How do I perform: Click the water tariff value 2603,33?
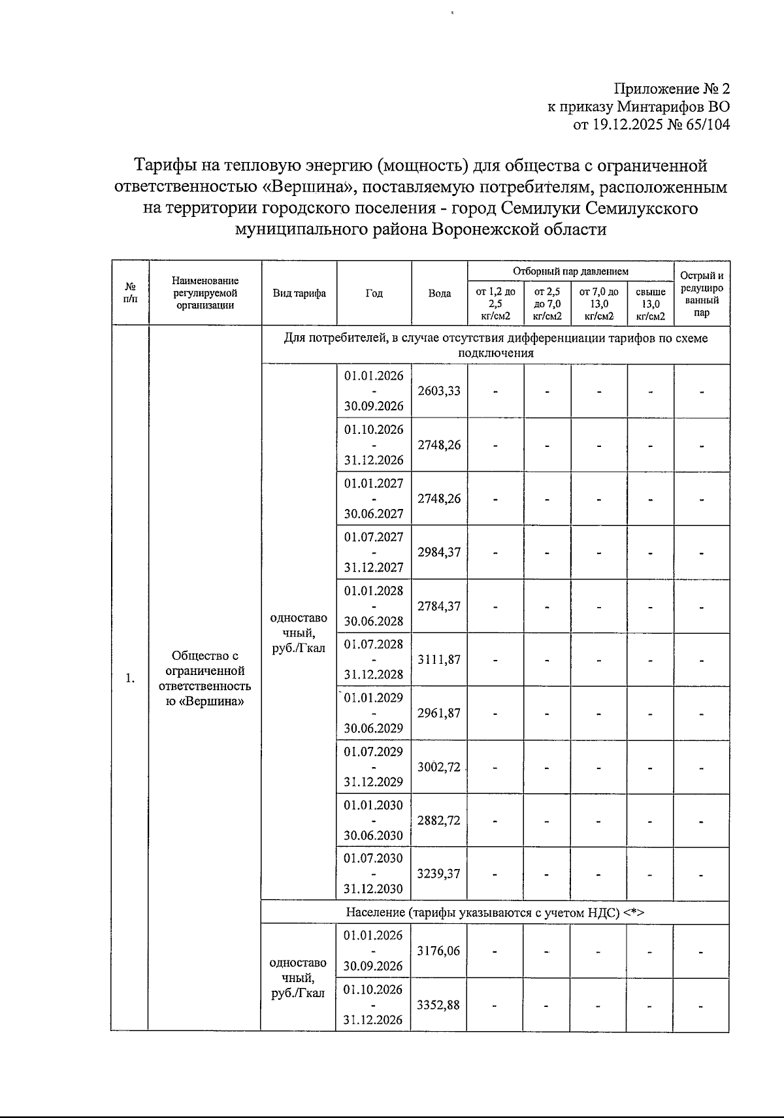coord(439,391)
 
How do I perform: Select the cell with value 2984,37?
coord(439,552)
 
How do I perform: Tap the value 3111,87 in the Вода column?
coord(439,659)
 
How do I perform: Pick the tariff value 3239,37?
coord(439,874)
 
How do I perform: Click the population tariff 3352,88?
coord(439,1004)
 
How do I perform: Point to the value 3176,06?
coord(439,951)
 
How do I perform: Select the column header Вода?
coord(439,293)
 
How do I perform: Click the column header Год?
coord(374,293)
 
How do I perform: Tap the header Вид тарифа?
coord(299,293)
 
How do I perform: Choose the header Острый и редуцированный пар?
coord(702,293)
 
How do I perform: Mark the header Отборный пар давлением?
coord(570,271)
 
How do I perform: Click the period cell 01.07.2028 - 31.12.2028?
coord(374,659)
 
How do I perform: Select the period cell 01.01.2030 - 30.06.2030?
coord(374,820)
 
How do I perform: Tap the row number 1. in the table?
coord(131,678)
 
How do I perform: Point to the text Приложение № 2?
coord(671,89)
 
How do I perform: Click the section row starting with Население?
coord(495,913)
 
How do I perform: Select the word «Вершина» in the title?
coord(308,188)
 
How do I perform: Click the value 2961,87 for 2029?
coord(439,713)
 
